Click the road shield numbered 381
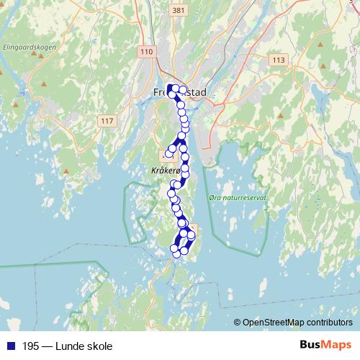(179, 11)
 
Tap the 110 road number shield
(148, 52)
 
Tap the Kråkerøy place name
(164, 171)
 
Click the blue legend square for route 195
(9, 346)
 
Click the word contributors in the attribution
(328, 323)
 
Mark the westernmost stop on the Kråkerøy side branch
(169, 153)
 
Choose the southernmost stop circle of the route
(175, 253)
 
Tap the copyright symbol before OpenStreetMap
(238, 323)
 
